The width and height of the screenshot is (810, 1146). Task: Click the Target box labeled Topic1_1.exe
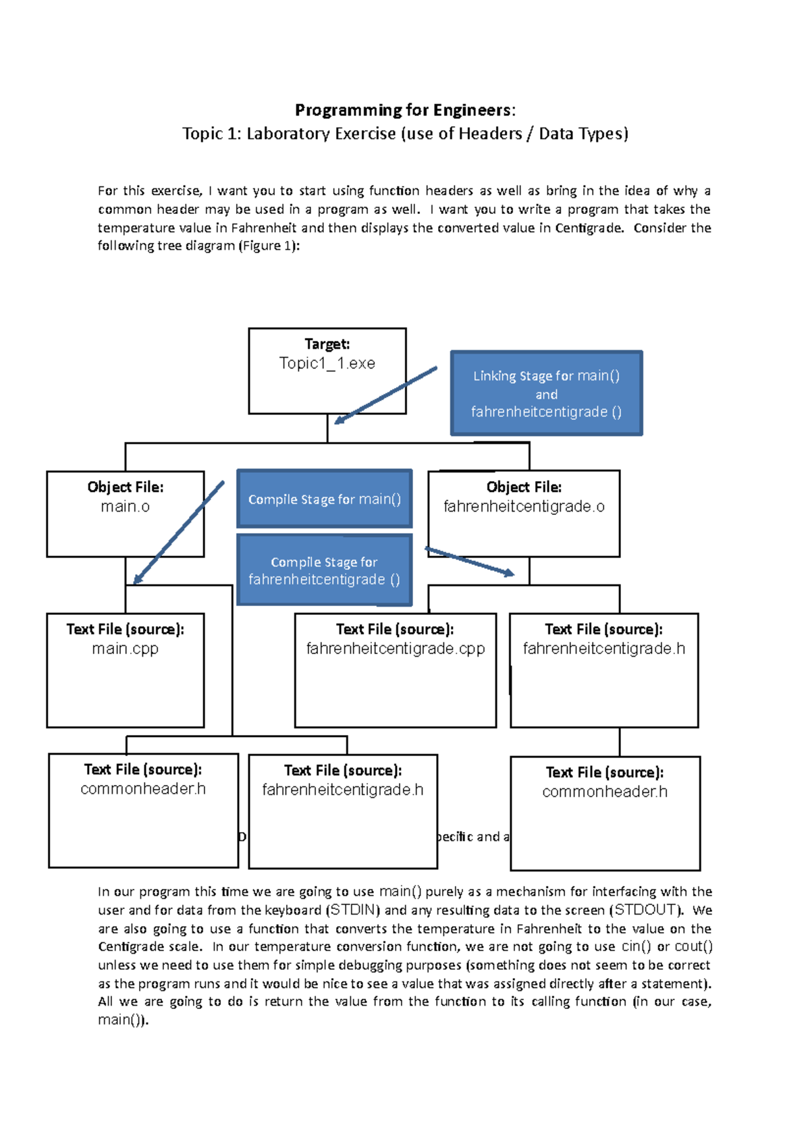coord(327,371)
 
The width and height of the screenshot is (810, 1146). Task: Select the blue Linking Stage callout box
coord(546,393)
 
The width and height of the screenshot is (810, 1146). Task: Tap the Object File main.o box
coord(125,514)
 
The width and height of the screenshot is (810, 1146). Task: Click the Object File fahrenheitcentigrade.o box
coord(524,514)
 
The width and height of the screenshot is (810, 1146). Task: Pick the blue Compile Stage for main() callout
coord(324,499)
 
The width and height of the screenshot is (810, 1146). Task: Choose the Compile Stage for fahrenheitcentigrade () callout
coord(324,570)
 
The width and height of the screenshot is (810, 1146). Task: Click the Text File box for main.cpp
coord(125,670)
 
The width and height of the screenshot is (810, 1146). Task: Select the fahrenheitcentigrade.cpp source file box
coord(395,670)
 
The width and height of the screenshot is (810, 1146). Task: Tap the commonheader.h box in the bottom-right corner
coord(605,813)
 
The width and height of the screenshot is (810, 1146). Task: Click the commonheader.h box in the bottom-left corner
coord(143,810)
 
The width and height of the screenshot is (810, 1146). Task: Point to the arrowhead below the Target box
coord(339,420)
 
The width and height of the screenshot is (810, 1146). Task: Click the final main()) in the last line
coord(122,1020)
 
